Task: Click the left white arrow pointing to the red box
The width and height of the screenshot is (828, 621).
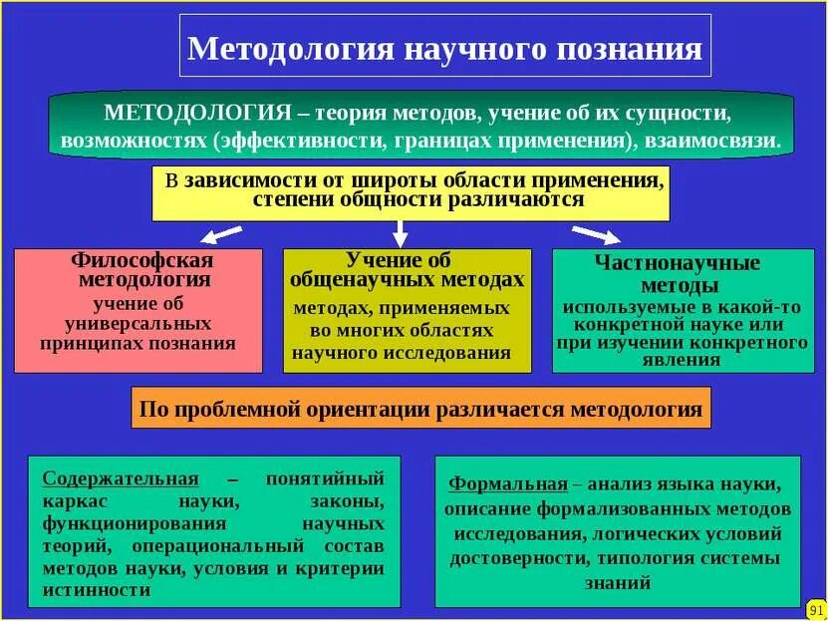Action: [x=221, y=235]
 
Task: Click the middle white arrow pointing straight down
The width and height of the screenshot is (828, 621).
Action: [x=401, y=233]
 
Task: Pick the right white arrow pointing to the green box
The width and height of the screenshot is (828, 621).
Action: [x=596, y=235]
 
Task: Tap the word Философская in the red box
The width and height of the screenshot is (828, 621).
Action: [x=143, y=260]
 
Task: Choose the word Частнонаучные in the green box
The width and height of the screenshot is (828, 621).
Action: [x=678, y=263]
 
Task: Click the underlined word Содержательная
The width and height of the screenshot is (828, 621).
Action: [x=120, y=477]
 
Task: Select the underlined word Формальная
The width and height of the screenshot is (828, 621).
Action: [x=508, y=483]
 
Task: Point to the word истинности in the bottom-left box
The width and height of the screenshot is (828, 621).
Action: [x=97, y=589]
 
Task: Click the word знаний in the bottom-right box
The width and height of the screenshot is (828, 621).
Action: [x=619, y=583]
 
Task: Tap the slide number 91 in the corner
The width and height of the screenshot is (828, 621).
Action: [x=814, y=607]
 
